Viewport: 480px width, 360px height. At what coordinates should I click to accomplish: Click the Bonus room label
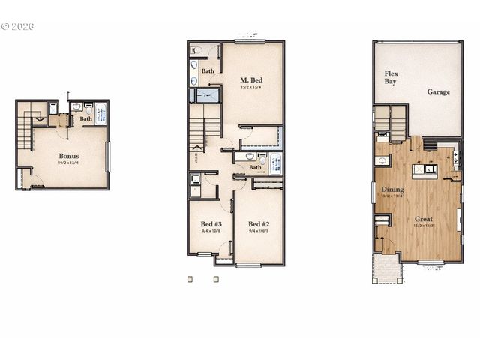click(x=68, y=157)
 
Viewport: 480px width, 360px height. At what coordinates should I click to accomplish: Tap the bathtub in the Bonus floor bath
click(x=101, y=112)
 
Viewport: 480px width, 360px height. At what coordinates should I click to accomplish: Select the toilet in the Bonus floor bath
click(x=88, y=109)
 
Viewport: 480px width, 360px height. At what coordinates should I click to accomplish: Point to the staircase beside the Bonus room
click(x=27, y=130)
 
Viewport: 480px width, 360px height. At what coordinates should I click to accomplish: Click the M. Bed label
click(x=252, y=79)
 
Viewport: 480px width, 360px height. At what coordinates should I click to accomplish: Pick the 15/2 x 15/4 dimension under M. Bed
click(x=252, y=88)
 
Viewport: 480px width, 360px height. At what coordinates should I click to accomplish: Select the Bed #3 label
click(x=211, y=224)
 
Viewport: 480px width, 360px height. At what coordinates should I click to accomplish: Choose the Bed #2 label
click(x=259, y=224)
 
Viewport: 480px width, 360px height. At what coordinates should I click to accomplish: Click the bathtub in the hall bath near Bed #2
click(x=275, y=163)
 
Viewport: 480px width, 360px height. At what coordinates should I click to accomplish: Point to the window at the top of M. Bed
click(x=251, y=41)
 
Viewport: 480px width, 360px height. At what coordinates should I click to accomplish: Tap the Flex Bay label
click(x=391, y=77)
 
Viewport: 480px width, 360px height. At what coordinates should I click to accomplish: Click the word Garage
click(x=439, y=92)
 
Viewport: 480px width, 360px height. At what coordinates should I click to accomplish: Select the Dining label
click(x=392, y=190)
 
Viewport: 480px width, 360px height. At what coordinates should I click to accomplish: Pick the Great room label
click(x=424, y=220)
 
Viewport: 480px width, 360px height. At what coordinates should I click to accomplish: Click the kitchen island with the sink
click(x=430, y=169)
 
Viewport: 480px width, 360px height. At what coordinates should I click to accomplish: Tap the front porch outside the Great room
click(x=387, y=268)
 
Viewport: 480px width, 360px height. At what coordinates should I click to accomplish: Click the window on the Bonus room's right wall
click(x=108, y=156)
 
